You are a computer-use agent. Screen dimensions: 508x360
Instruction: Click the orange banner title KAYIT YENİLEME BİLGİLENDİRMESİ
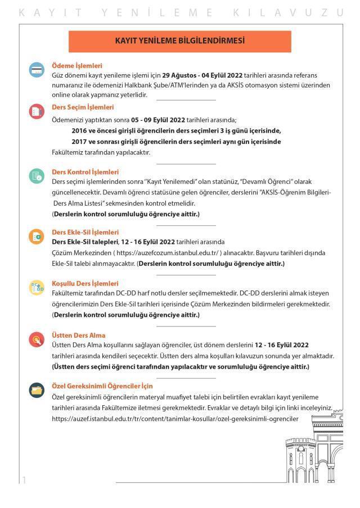179,41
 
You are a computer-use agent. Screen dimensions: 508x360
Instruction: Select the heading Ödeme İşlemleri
76,66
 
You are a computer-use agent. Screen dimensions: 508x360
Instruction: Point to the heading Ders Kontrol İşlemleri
85,172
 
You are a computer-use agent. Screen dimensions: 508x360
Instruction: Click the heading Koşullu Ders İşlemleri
85,283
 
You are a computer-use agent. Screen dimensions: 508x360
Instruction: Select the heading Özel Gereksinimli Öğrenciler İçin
102,386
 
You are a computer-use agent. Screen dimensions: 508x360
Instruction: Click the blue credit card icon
37,70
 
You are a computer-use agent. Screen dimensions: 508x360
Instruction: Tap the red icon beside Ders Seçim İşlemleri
37,111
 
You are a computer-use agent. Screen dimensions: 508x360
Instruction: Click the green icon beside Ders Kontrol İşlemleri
37,176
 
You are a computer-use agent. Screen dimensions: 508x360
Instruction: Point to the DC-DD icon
37,288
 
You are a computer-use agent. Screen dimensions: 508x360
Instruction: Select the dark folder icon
37,389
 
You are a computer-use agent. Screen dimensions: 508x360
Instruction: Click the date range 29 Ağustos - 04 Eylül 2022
202,75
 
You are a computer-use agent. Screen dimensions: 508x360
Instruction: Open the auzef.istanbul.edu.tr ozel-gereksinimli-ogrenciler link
175,419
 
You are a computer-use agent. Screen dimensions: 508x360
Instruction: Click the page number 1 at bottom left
24,479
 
